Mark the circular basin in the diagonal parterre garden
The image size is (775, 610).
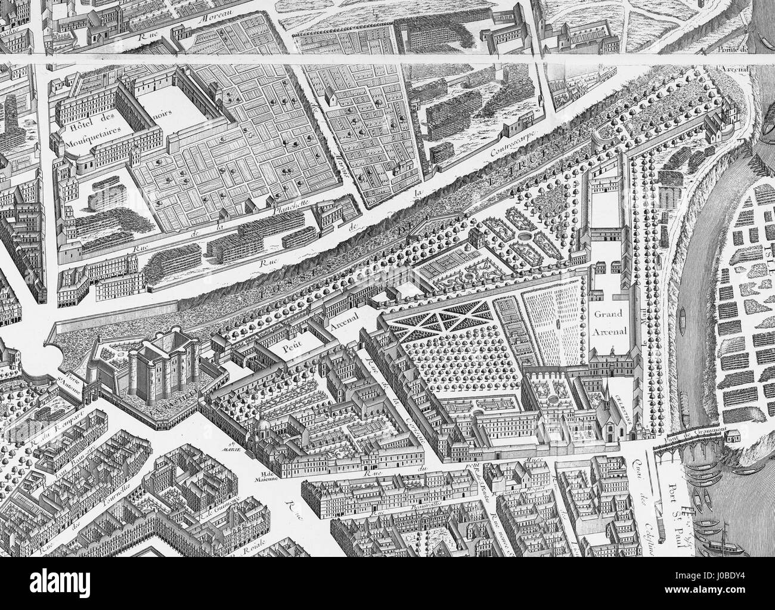524,237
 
